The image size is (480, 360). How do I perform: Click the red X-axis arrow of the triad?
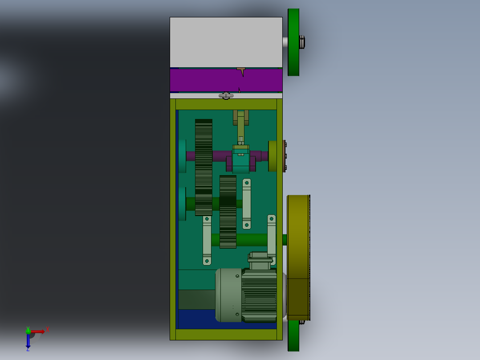pos(38,331)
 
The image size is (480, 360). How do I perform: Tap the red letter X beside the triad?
pos(47,330)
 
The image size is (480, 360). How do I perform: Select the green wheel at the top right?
pos(293,42)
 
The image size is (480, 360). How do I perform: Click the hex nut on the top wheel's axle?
pos(302,42)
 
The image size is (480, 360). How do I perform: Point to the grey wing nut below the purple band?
pos(226,95)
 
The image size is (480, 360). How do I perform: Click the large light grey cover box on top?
pos(226,42)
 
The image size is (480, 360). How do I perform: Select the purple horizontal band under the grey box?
pos(205,80)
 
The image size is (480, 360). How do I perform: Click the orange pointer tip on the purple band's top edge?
pos(241,70)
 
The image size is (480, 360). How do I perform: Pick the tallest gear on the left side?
pos(203,167)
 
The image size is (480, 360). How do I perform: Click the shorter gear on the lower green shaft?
pos(228,212)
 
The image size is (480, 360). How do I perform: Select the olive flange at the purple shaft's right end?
pos(273,156)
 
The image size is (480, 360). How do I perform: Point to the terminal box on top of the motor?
pos(260,261)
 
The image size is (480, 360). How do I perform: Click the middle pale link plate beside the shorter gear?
pos(246,204)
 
